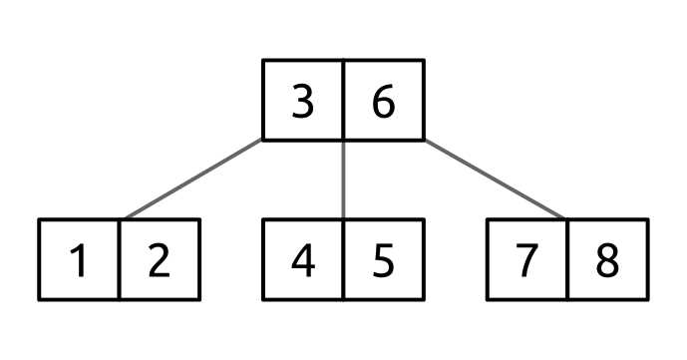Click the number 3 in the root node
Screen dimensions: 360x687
click(x=303, y=100)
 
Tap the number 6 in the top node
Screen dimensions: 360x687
click(x=384, y=100)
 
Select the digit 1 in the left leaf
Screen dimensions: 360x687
click(x=80, y=260)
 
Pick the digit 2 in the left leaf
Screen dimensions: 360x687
click(x=160, y=260)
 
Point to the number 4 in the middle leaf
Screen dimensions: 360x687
click(x=303, y=260)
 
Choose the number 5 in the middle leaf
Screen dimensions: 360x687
click(x=384, y=260)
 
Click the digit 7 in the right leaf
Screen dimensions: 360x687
click(x=527, y=260)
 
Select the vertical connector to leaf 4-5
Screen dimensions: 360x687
click(x=344, y=180)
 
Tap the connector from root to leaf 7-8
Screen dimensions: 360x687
click(x=496, y=180)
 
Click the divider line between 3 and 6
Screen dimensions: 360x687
click(x=344, y=100)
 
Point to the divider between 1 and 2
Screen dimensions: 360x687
click(x=120, y=259)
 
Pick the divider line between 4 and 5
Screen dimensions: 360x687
click(x=344, y=259)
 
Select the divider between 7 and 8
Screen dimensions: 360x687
click(x=568, y=259)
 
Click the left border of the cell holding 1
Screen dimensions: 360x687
click(x=40, y=259)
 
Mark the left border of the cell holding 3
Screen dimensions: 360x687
click(x=263, y=100)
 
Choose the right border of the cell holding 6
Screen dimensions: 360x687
click(x=424, y=100)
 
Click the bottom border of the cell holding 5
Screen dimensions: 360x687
click(x=384, y=298)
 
